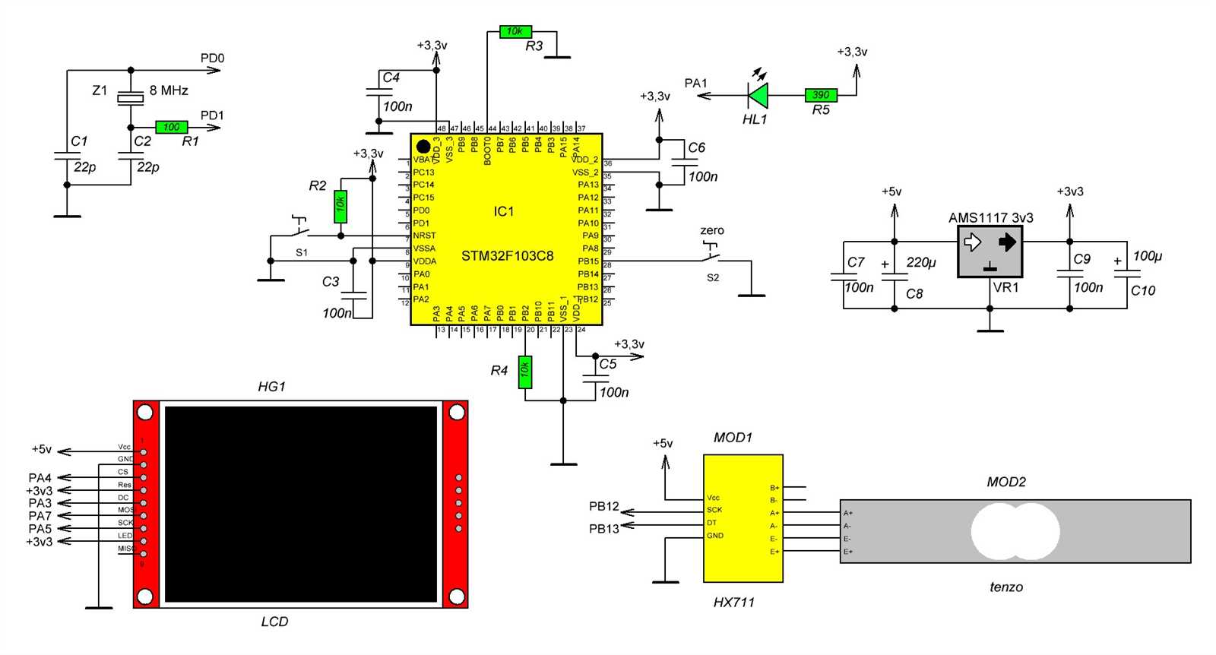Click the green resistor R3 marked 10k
coord(515,32)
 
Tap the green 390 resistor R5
coord(821,95)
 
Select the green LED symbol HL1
coord(758,96)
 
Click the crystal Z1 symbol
coord(131,98)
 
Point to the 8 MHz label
coord(169,90)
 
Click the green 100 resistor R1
coord(172,127)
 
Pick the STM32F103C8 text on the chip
coord(507,256)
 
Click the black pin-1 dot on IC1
coord(423,146)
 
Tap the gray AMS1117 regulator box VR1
coord(990,252)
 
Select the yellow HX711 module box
coord(743,519)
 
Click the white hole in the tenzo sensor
coord(1015,531)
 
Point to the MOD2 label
coord(1005,482)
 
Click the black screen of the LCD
coord(301,505)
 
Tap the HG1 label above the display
coord(271,387)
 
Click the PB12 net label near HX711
coord(604,506)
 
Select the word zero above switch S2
coord(711,230)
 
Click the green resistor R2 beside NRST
coord(340,206)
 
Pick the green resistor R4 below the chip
coord(525,372)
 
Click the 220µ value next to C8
coord(921,262)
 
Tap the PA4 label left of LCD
coord(40,478)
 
